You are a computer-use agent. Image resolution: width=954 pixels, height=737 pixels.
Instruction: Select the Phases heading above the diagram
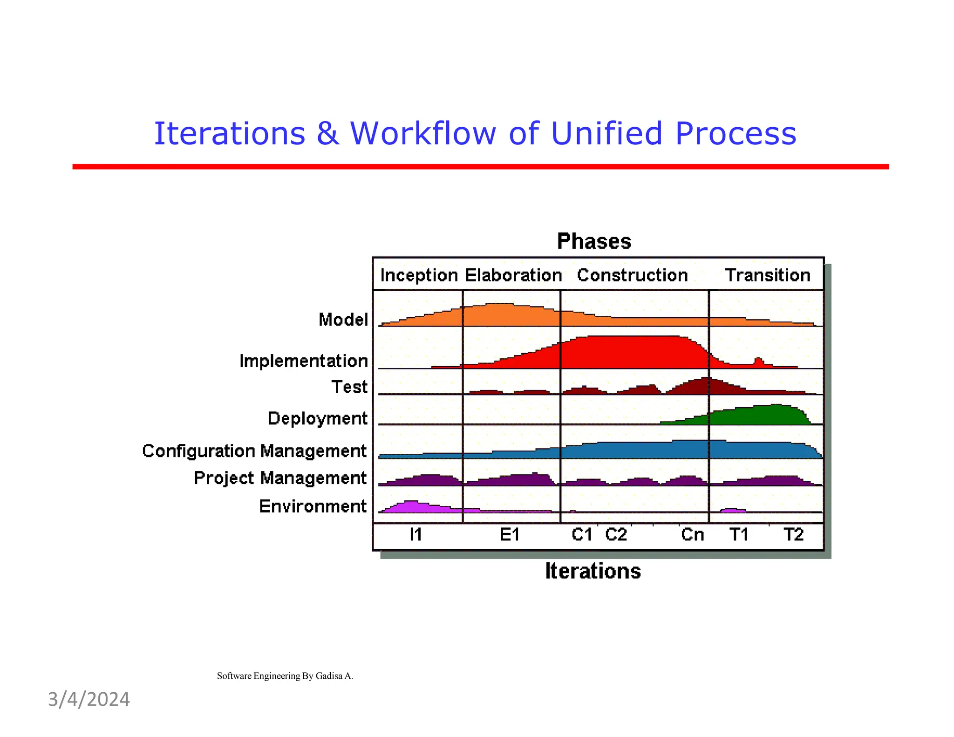pyautogui.click(x=594, y=241)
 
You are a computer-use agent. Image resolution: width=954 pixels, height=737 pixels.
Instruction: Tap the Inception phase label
pyautogui.click(x=419, y=275)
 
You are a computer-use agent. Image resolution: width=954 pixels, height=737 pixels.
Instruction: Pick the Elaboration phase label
pyautogui.click(x=513, y=275)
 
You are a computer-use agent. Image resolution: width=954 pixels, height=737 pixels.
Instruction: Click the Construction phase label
pyautogui.click(x=632, y=275)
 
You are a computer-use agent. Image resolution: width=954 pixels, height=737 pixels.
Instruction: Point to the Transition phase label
pyautogui.click(x=768, y=275)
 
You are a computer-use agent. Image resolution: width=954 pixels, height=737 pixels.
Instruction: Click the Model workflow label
pyautogui.click(x=343, y=320)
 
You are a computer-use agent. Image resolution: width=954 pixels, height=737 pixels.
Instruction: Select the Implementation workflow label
pyautogui.click(x=304, y=361)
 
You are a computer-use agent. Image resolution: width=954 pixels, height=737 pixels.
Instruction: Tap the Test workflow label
pyautogui.click(x=349, y=387)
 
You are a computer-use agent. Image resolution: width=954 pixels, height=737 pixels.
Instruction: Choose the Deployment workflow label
pyautogui.click(x=318, y=418)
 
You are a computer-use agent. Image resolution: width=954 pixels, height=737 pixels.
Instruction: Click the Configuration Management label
pyautogui.click(x=254, y=451)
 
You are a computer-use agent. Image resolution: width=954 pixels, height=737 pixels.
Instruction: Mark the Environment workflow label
pyautogui.click(x=313, y=506)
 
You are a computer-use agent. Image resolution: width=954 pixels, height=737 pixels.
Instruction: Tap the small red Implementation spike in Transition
pyautogui.click(x=758, y=362)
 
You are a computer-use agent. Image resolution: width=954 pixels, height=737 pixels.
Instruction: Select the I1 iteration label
pyautogui.click(x=416, y=534)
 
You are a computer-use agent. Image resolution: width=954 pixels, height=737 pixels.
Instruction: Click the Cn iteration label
pyautogui.click(x=692, y=534)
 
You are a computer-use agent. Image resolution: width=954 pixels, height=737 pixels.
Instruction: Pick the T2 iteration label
pyautogui.click(x=793, y=534)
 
